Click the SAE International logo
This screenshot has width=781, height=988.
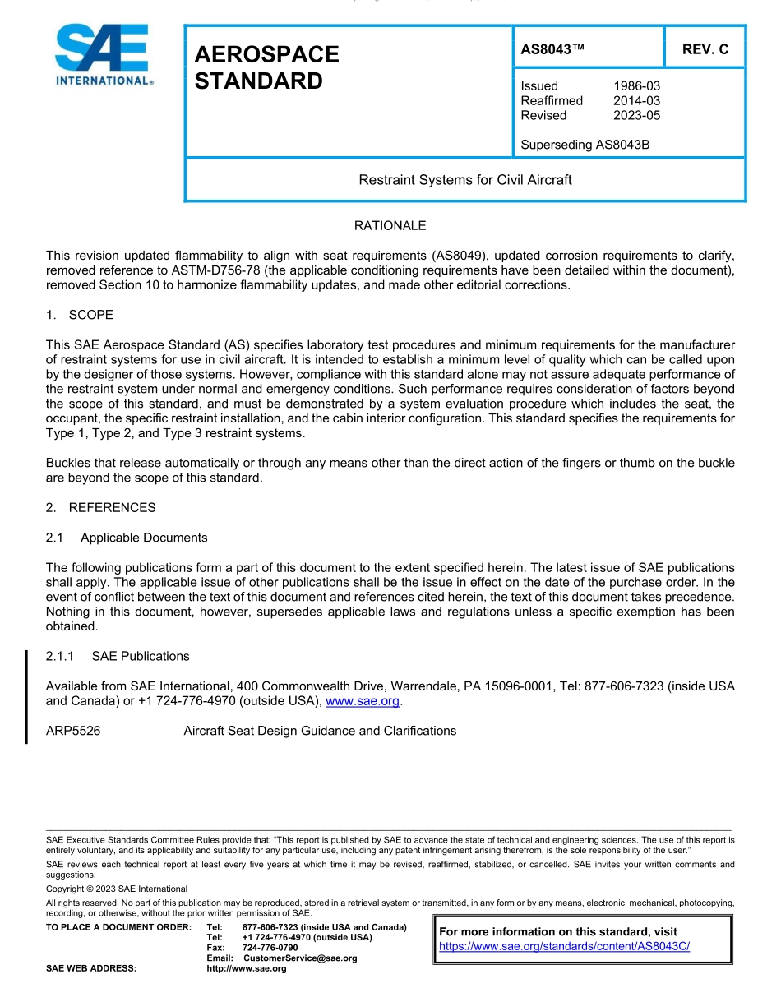[x=104, y=55]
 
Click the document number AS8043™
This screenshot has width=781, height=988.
[x=552, y=49]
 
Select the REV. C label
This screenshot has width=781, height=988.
[x=705, y=49]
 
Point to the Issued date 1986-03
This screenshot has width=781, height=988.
[x=636, y=85]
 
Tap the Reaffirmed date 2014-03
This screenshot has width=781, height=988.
[x=636, y=100]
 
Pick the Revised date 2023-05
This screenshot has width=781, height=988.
[x=636, y=115]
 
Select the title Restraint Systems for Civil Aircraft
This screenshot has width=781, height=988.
[x=464, y=179]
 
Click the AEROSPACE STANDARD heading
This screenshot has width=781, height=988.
[x=266, y=67]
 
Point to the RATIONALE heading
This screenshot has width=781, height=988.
[x=390, y=225]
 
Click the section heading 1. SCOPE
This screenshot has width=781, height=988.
[x=80, y=315]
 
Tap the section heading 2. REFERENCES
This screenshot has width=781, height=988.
[x=100, y=507]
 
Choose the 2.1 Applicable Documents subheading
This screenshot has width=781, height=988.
[x=127, y=538]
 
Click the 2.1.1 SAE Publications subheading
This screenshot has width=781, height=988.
[x=118, y=656]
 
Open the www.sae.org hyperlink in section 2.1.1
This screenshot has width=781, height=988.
[x=363, y=701]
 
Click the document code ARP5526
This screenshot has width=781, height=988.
[x=73, y=731]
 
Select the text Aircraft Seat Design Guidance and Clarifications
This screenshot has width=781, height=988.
[x=320, y=731]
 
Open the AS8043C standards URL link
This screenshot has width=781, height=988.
[x=564, y=946]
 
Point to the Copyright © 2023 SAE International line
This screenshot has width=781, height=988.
[x=117, y=889]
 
